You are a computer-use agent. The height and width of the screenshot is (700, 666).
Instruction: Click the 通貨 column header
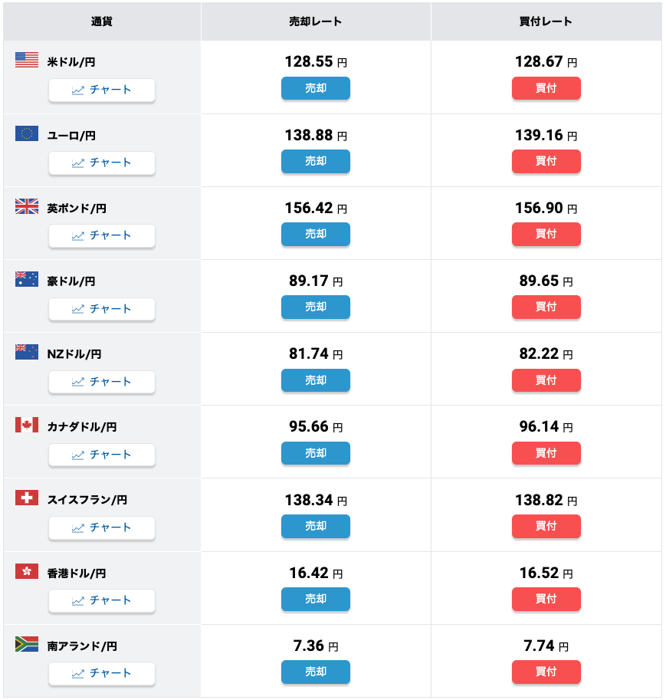(102, 21)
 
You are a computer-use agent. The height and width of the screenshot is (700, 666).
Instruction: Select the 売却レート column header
(316, 21)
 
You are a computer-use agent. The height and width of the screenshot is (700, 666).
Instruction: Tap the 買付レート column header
(546, 21)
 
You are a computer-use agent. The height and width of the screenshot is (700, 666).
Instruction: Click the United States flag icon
(27, 61)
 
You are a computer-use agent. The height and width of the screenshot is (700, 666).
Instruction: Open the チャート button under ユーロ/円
(102, 163)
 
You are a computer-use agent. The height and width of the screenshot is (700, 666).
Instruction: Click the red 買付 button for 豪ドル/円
(546, 307)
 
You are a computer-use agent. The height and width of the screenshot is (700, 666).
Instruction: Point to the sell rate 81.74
(309, 353)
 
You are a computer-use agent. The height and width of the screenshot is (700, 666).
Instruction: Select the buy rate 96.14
(539, 426)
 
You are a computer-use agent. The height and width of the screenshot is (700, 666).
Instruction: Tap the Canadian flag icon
(27, 425)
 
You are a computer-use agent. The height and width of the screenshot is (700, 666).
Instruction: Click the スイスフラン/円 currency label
(87, 500)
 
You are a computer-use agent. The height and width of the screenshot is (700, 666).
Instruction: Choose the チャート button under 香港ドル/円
(102, 600)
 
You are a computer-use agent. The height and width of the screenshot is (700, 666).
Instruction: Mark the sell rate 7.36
(309, 646)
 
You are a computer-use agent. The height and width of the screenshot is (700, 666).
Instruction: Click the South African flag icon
(27, 644)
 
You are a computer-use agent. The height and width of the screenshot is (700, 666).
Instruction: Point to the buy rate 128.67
(539, 61)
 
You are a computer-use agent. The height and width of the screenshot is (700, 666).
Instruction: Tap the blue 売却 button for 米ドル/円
(316, 88)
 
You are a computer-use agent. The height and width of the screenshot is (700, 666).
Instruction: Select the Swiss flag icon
(27, 498)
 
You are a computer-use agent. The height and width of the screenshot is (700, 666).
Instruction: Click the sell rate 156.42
(309, 208)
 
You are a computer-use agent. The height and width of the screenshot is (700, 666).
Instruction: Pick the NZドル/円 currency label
(74, 354)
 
